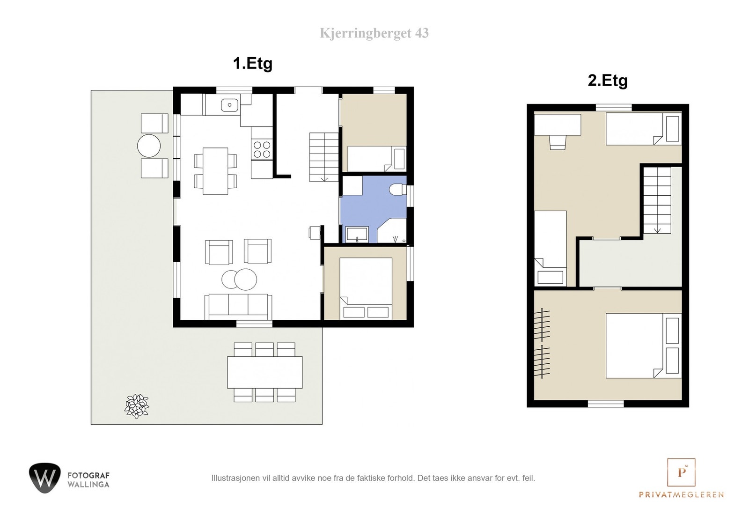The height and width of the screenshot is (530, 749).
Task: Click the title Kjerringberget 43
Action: point(374,33)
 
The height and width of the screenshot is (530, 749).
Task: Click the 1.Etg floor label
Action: point(252,63)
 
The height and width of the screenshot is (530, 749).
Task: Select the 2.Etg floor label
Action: point(607,81)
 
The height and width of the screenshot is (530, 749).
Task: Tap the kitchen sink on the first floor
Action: point(229,105)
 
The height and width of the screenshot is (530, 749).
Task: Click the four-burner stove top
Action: point(262,149)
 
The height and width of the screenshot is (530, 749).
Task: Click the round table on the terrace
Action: point(149,146)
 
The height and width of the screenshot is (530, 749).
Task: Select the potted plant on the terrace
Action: point(137,405)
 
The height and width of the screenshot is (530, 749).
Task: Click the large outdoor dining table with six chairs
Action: point(264,372)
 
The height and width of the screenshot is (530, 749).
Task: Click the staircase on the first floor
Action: point(323,157)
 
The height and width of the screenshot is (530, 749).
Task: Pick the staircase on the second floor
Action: point(657,200)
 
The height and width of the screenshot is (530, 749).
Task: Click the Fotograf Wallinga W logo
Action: point(45,478)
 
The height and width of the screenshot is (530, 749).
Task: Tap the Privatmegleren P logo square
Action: point(681,472)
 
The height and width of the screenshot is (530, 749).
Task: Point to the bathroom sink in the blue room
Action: point(357,234)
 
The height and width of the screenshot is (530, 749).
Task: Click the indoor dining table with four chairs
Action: point(215,171)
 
